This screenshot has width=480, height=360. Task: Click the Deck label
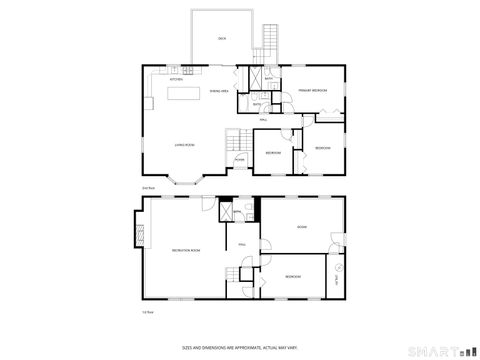[x=222, y=38]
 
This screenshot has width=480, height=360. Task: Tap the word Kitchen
[x=176, y=79]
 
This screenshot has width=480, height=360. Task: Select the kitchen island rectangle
[x=181, y=94]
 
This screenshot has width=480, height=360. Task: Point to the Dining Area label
[x=219, y=91]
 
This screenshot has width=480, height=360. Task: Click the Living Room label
[x=184, y=145]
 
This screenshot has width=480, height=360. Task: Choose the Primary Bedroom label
[x=312, y=91]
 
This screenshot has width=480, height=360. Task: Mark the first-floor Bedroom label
[x=293, y=275]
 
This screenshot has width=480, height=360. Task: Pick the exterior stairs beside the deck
[x=268, y=42]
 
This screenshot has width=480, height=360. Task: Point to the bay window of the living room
[x=185, y=181]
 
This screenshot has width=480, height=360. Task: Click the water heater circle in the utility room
[x=336, y=267]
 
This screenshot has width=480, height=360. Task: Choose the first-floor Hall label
[x=241, y=244]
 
